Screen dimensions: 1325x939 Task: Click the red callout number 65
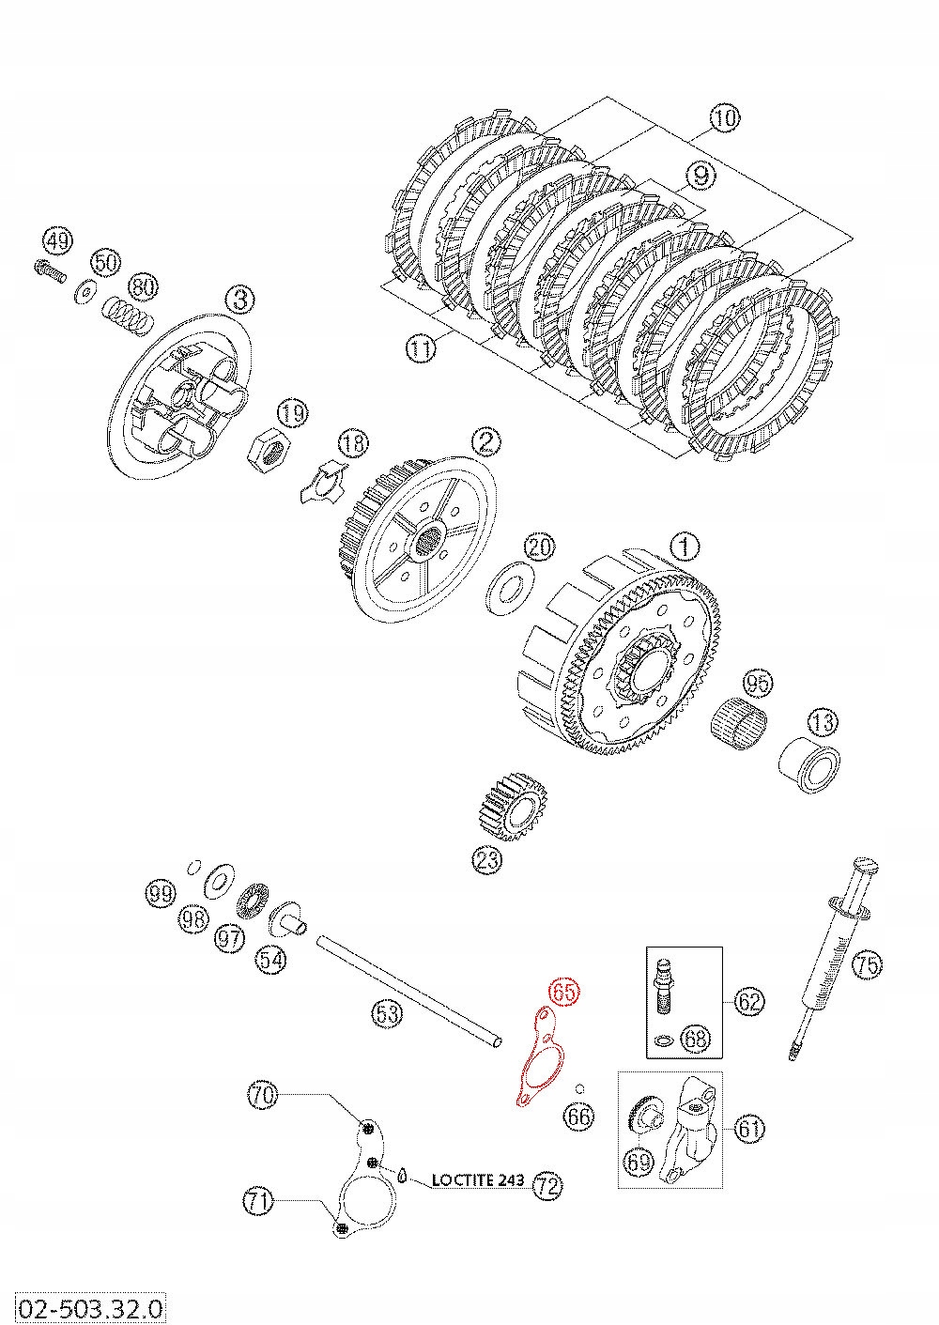tap(565, 992)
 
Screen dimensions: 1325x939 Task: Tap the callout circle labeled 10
tap(724, 118)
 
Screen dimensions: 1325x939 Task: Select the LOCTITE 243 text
tap(477, 1180)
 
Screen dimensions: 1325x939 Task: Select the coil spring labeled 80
tap(128, 313)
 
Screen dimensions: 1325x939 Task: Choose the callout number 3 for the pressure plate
tap(239, 300)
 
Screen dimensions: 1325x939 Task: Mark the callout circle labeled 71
tap(260, 1200)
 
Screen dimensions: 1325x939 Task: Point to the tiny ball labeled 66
tap(580, 1089)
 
